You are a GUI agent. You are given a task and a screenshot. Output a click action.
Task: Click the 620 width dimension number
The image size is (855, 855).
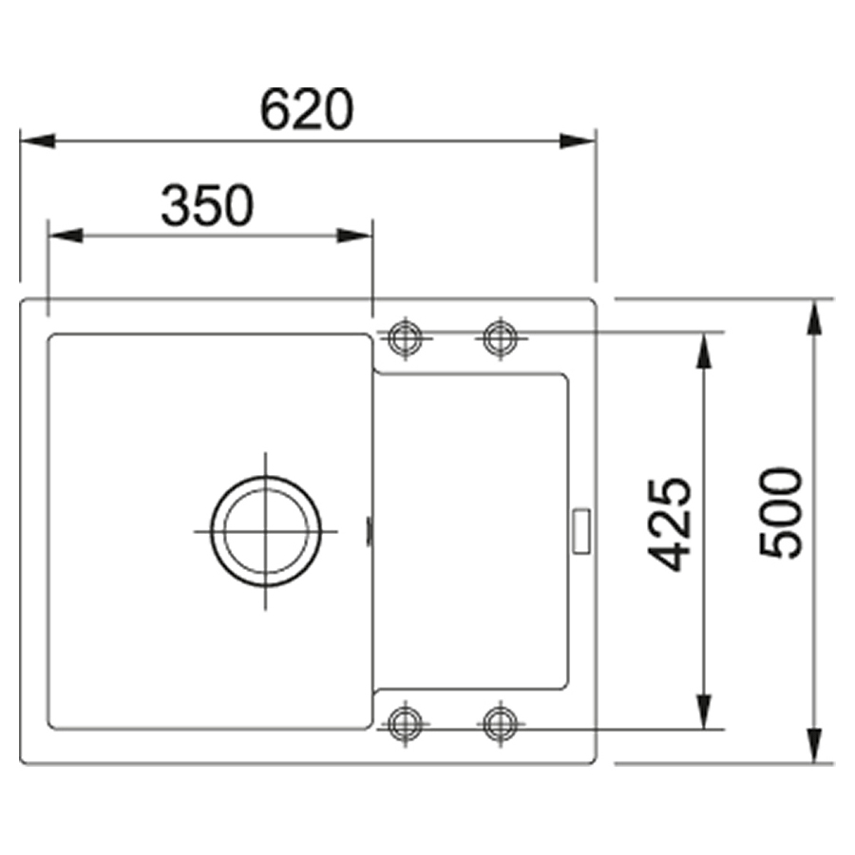click(307, 109)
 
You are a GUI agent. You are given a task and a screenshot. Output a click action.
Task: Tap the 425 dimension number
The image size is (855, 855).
click(670, 525)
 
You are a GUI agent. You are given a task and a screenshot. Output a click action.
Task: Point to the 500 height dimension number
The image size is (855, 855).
click(781, 513)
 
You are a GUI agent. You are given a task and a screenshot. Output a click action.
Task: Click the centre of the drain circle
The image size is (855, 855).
click(266, 531)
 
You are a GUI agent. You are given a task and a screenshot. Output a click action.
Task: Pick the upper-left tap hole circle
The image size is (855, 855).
click(405, 338)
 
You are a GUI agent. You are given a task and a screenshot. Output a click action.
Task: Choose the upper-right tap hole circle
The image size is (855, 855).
click(501, 338)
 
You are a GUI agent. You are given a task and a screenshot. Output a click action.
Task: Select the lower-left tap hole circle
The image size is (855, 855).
click(405, 724)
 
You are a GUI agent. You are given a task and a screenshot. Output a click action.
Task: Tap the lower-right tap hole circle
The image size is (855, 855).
click(500, 724)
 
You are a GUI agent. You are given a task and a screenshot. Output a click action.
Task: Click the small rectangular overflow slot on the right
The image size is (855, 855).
click(580, 531)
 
